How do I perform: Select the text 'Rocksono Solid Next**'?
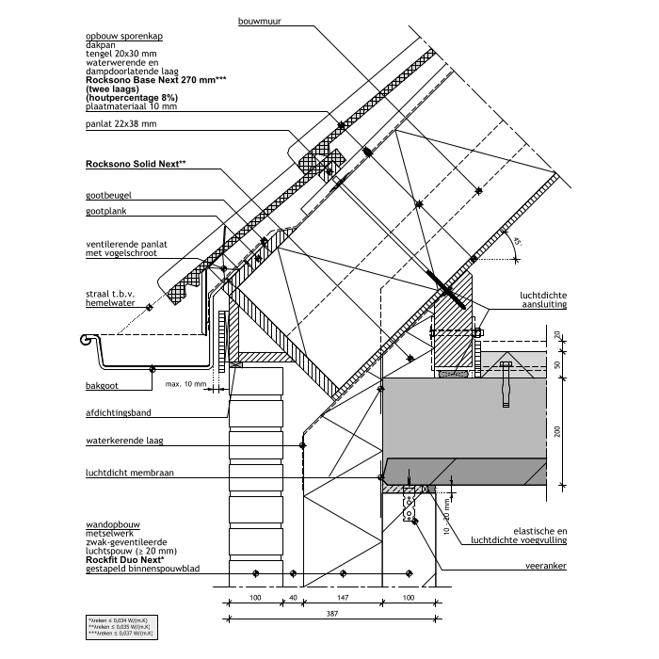[136, 164]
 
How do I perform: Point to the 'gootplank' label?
[104, 212]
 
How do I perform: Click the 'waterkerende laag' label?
[121, 441]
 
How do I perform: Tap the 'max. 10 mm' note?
[184, 384]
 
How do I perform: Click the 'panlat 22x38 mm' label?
[121, 123]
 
